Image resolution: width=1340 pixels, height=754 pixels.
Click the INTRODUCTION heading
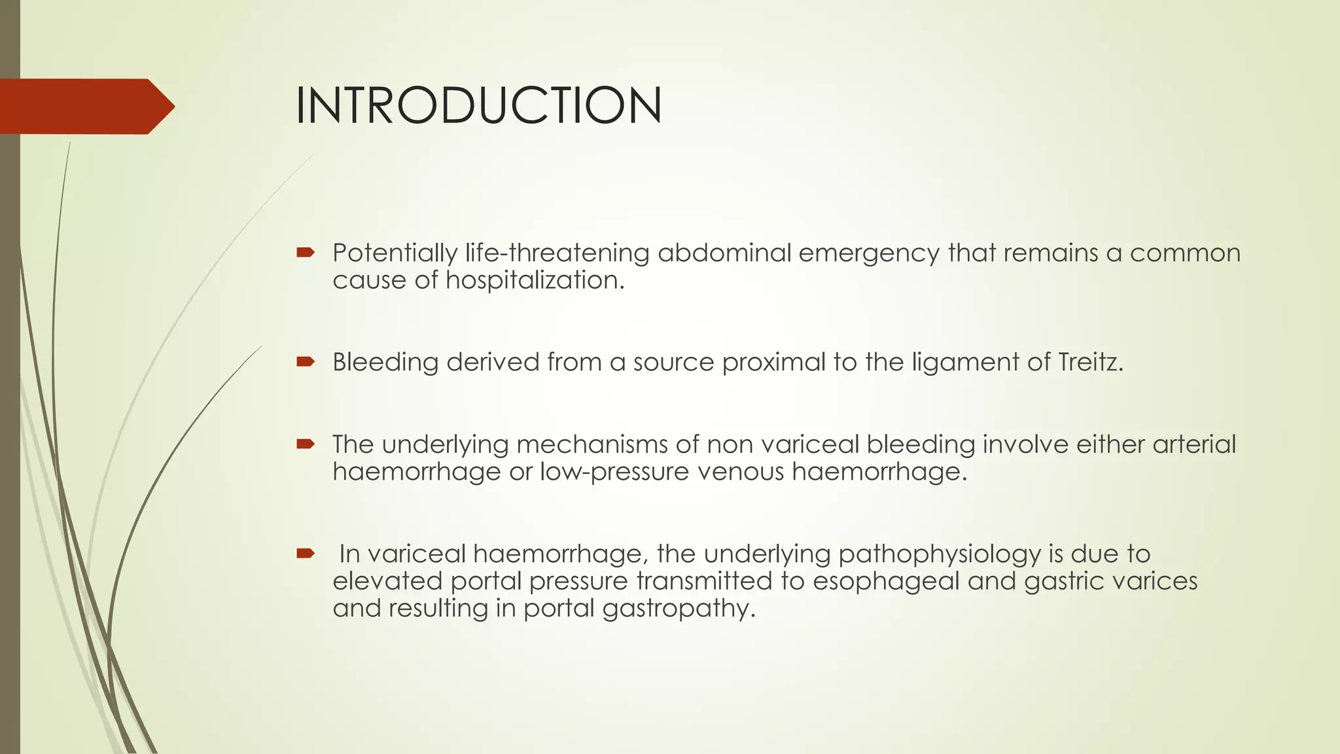coord(478,105)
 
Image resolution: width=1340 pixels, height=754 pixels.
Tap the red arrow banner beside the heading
coord(85,106)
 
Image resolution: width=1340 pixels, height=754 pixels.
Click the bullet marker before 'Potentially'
coord(306,252)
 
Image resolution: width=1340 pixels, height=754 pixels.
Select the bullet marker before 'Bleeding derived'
coord(306,361)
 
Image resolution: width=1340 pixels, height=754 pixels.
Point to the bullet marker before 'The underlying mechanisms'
coord(306,444)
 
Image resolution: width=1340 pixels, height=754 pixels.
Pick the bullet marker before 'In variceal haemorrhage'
coord(306,554)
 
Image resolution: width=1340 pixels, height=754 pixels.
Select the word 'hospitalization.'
coord(535,281)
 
